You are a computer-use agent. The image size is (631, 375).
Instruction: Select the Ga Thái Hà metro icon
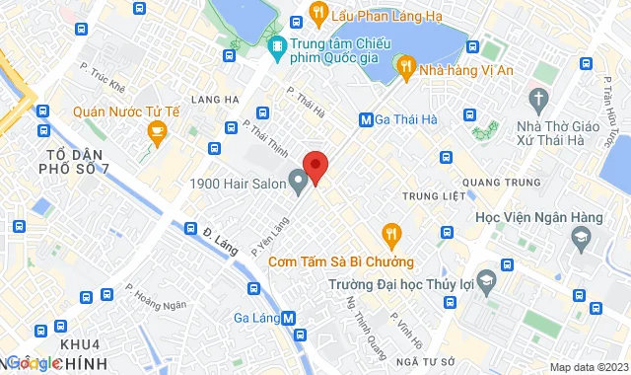click(366, 119)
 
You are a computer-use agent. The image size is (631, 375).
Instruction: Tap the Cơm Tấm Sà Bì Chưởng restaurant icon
click(391, 235)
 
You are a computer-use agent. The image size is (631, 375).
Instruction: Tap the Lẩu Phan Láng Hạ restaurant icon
click(317, 12)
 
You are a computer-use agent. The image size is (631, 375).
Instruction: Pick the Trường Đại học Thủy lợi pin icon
click(484, 281)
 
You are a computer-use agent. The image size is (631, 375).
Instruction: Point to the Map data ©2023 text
click(588, 367)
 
